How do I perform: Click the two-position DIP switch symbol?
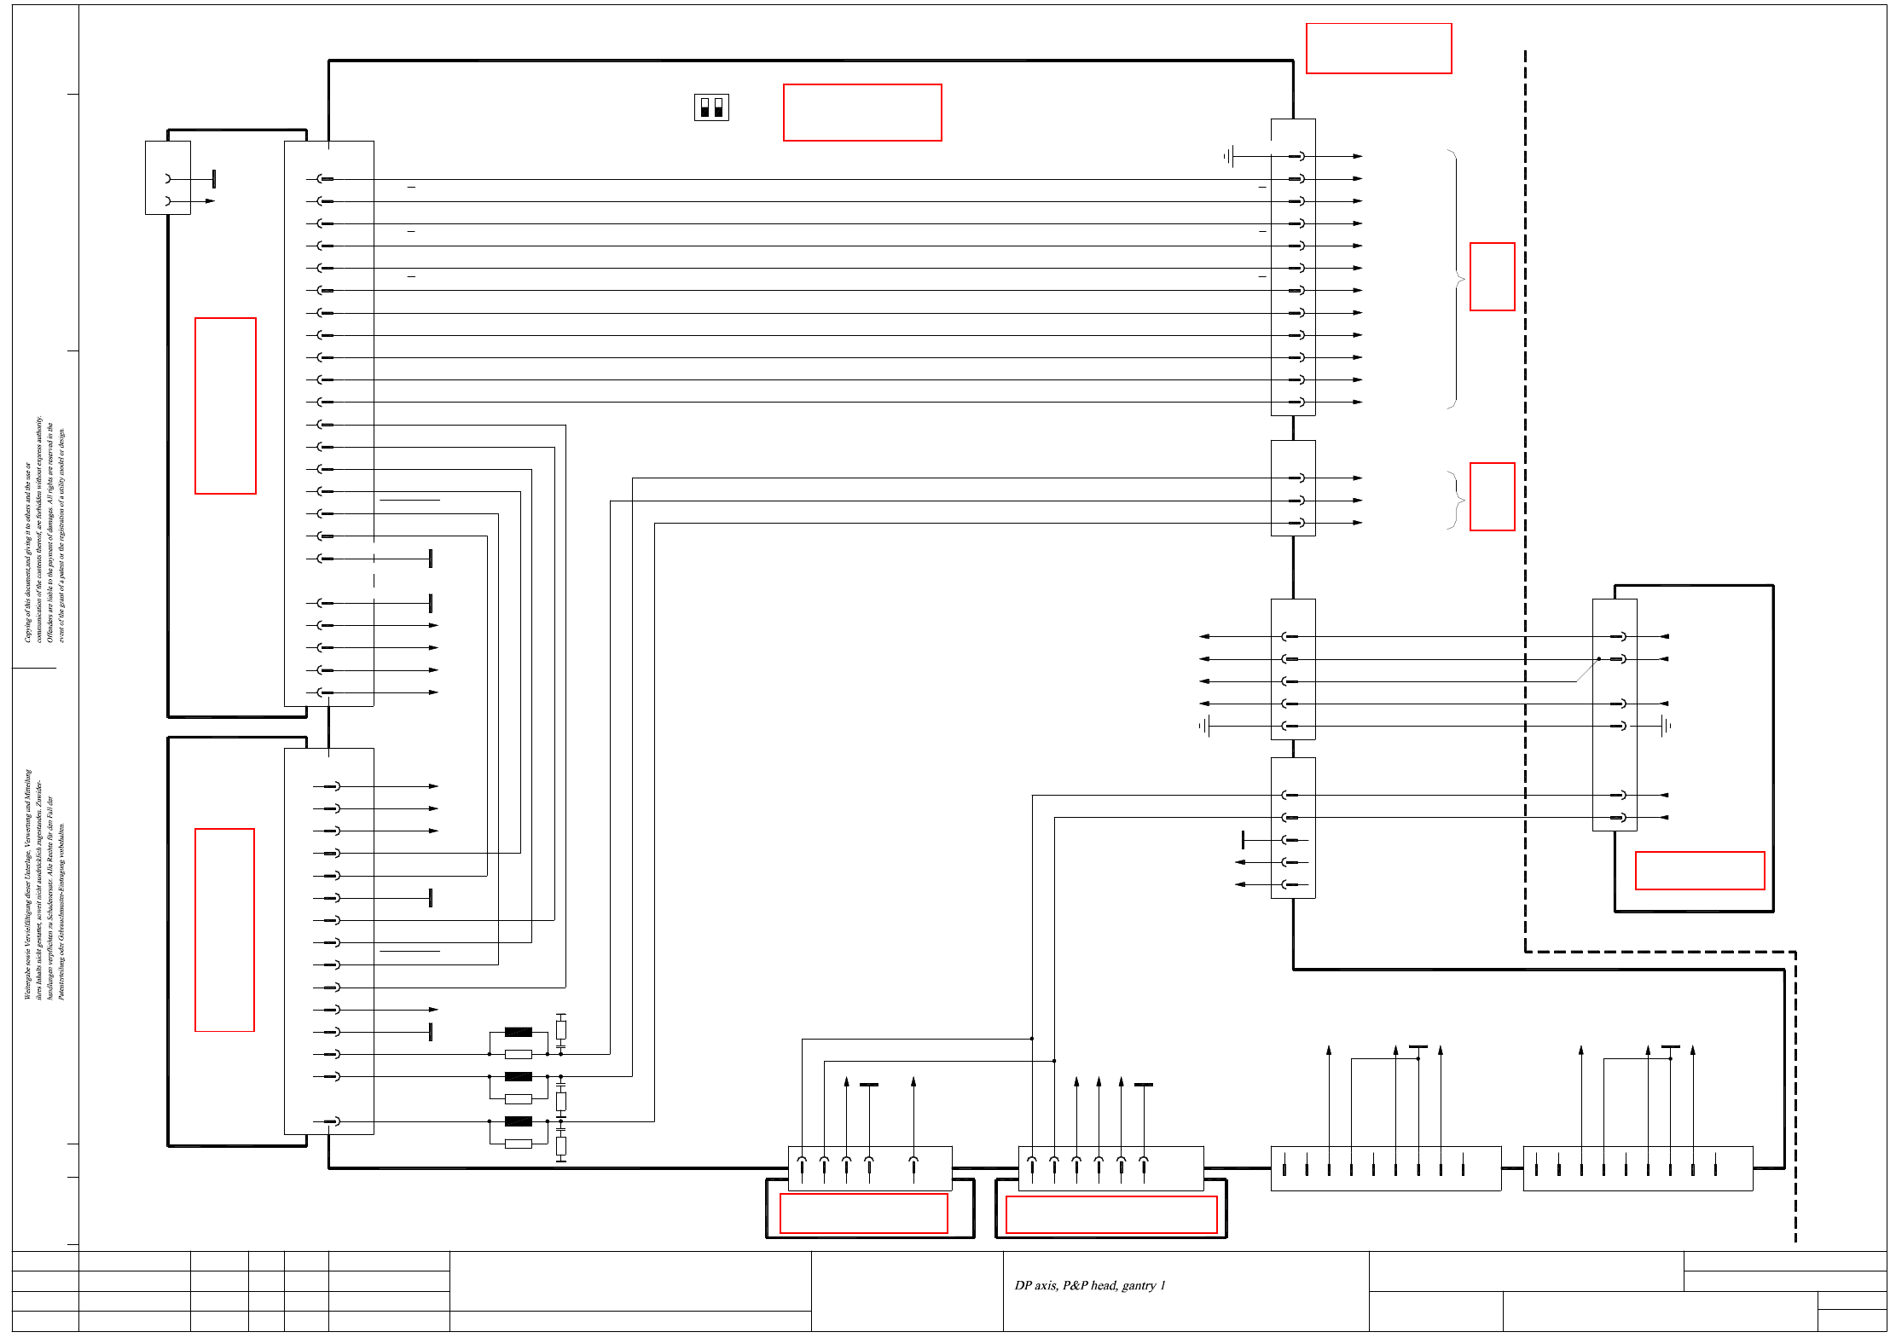click(x=711, y=107)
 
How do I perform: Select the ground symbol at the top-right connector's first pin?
click(x=1228, y=156)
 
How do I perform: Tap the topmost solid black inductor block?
click(x=518, y=1032)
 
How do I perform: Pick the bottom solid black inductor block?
click(x=518, y=1121)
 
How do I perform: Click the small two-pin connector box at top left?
click(x=167, y=177)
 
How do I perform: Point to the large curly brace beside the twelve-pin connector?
click(x=1456, y=279)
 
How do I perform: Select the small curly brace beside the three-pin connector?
click(x=1456, y=500)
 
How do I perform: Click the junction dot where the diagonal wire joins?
click(x=1598, y=658)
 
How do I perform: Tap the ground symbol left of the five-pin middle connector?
click(x=1204, y=726)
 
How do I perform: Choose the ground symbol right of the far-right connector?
click(x=1666, y=726)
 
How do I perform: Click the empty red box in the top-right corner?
click(x=1378, y=49)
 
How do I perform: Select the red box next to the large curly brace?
click(x=1492, y=276)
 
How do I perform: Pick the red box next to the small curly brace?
click(x=1492, y=496)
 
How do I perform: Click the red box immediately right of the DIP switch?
click(x=861, y=112)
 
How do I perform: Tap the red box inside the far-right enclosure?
click(x=1699, y=870)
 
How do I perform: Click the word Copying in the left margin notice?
click(x=27, y=626)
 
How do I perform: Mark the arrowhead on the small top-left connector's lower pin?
click(x=210, y=201)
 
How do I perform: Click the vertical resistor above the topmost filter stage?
click(x=560, y=1029)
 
